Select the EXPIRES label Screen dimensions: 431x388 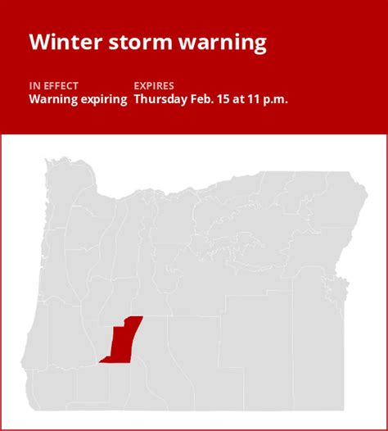tap(155, 84)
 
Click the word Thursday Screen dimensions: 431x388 tap(160, 99)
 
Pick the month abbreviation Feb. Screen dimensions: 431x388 tap(205, 99)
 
